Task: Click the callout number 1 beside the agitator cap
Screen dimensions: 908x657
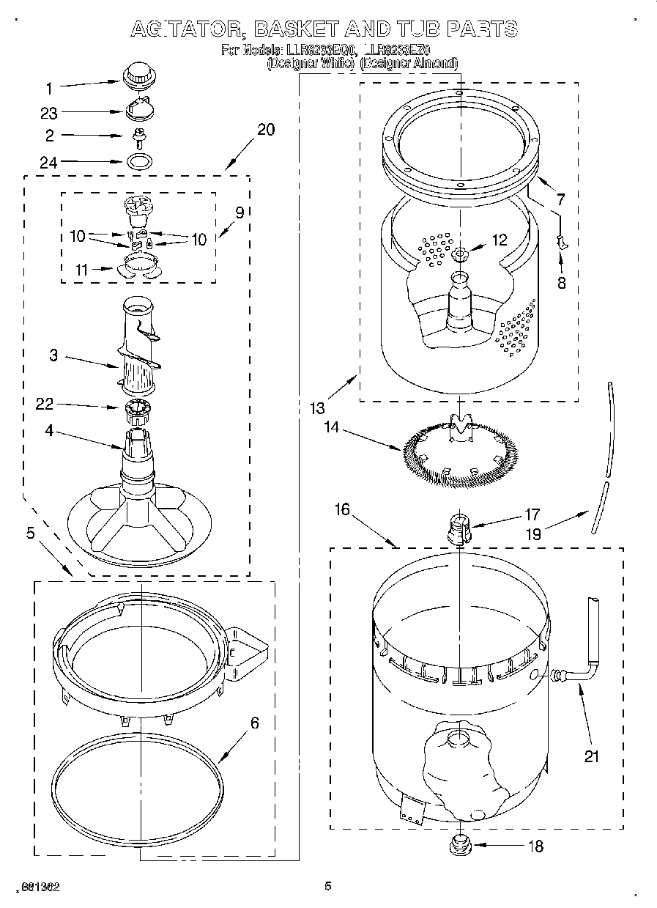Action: [49, 89]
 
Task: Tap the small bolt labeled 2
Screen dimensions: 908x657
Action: [137, 136]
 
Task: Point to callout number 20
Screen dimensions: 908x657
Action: [266, 130]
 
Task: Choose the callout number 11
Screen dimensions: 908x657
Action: [81, 270]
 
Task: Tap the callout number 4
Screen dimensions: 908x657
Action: [49, 432]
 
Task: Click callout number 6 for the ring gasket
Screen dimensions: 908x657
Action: [254, 723]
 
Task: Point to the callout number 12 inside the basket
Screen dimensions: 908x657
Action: [499, 240]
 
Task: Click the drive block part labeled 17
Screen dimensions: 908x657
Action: [459, 527]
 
